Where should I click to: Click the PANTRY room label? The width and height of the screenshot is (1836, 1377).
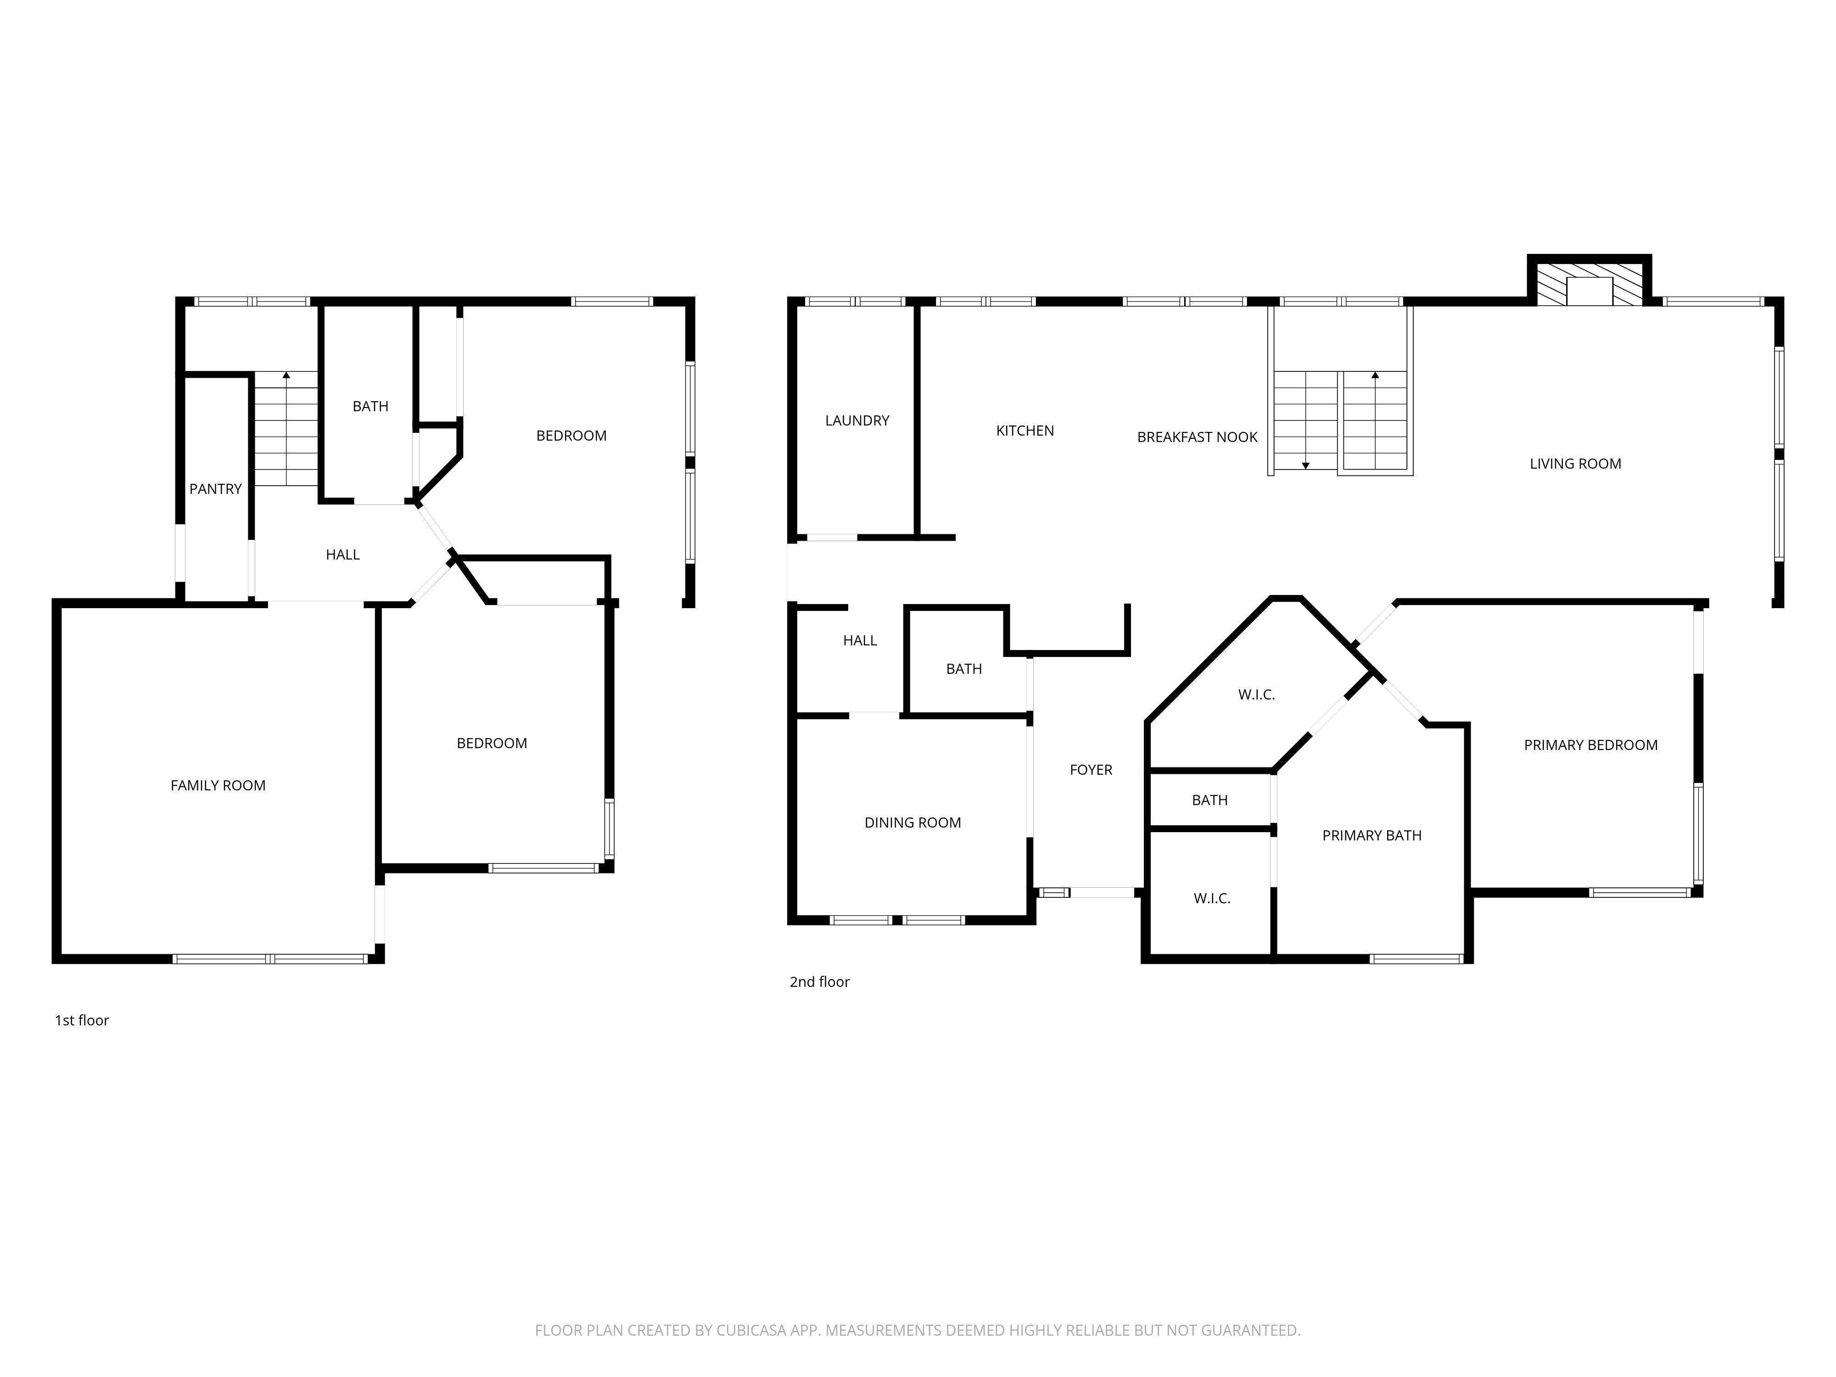[x=215, y=489]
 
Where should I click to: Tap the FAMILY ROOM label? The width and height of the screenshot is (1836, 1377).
[x=218, y=785]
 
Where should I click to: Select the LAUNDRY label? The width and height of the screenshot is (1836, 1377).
[x=857, y=421]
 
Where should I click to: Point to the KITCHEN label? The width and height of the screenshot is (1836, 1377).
[x=1025, y=431]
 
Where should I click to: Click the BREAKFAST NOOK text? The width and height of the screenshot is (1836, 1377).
[x=1197, y=437]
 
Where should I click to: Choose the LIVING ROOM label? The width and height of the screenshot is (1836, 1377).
[x=1575, y=464]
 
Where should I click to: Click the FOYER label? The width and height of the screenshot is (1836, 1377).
[x=1091, y=770]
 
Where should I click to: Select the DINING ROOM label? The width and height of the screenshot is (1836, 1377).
[x=913, y=823]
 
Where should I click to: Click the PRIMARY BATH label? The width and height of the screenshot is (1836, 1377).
[x=1372, y=836]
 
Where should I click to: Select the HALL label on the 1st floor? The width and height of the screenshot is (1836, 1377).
[x=343, y=554]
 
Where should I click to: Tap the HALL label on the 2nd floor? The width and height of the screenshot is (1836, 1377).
[x=860, y=641]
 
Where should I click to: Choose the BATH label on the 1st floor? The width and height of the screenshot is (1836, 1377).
[x=370, y=407]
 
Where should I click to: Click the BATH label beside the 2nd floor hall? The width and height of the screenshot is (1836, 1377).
[x=963, y=669]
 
